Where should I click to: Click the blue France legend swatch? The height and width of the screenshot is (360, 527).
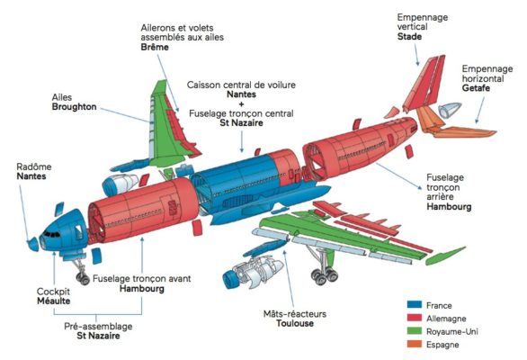[415, 304]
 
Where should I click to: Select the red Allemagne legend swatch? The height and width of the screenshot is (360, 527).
[415, 318]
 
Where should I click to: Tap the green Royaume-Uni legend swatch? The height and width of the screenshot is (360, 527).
[415, 331]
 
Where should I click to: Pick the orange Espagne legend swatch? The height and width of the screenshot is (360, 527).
[415, 345]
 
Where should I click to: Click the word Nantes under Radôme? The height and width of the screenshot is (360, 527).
[32, 177]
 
